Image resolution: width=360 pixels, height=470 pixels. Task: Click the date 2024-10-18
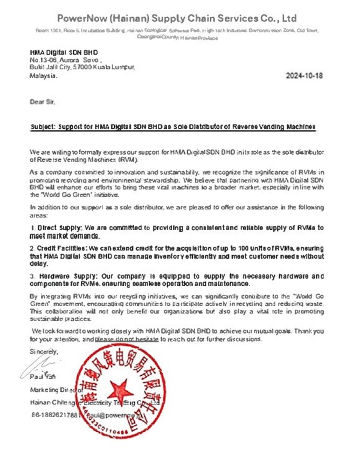coord(304,76)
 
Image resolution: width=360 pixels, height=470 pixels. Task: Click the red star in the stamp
coord(119,390)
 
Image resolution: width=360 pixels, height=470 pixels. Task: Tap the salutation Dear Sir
coord(42,101)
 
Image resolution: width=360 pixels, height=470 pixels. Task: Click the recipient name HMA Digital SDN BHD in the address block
coord(64,52)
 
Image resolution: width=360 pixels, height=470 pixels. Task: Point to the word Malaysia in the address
coord(43,76)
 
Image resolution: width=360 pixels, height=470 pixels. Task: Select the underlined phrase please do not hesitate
coord(127,340)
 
